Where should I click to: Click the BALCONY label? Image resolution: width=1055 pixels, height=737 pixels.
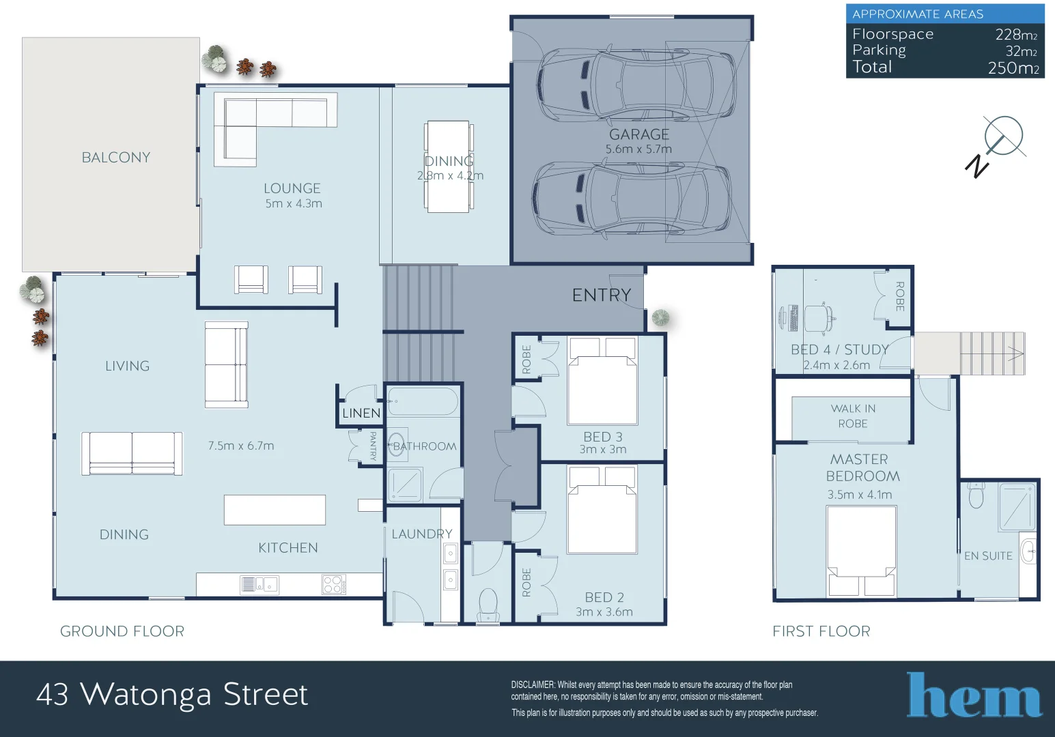(x=116, y=158)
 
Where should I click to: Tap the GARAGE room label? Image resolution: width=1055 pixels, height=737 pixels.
(x=639, y=134)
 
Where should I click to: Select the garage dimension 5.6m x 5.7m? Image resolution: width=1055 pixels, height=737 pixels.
(x=638, y=149)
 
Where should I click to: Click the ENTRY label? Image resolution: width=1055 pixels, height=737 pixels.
(x=601, y=295)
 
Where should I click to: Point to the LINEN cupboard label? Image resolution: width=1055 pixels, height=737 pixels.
(x=361, y=413)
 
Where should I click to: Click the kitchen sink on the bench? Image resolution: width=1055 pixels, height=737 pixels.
(x=259, y=584)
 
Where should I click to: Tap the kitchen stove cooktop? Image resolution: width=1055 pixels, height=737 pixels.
(x=333, y=584)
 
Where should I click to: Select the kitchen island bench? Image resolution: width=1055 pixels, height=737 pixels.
(x=275, y=510)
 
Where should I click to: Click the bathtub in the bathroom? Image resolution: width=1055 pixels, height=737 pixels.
(x=423, y=402)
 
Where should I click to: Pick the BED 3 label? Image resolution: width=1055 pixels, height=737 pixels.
(x=602, y=437)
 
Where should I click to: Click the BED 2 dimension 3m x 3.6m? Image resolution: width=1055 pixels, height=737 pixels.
(x=604, y=612)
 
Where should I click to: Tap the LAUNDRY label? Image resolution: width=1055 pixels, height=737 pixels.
(x=421, y=534)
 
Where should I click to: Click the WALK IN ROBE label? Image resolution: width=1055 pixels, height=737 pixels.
(x=853, y=416)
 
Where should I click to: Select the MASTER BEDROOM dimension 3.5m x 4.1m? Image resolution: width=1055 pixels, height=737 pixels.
(x=859, y=495)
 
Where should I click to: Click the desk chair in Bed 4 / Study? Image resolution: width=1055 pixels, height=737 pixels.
(x=819, y=317)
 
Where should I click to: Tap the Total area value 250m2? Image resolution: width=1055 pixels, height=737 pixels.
(x=1013, y=68)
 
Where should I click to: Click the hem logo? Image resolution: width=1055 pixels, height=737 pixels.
(x=974, y=695)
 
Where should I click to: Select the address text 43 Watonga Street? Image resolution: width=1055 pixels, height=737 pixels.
(x=172, y=695)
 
